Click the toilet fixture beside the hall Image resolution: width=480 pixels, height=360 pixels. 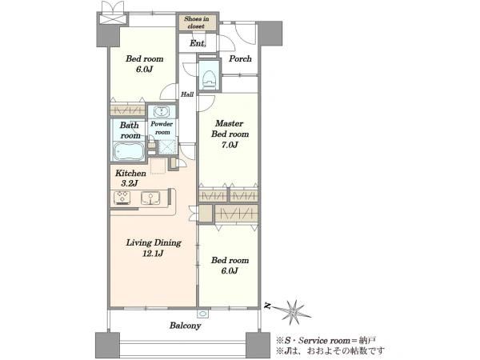pyautogui.click(x=210, y=80)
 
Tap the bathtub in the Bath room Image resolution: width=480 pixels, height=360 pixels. pyautogui.click(x=129, y=151)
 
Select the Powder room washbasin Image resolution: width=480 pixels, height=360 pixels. pyautogui.click(x=161, y=112)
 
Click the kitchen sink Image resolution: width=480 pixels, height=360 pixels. pyautogui.click(x=150, y=198)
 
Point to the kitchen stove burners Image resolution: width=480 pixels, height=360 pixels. pyautogui.click(x=122, y=197)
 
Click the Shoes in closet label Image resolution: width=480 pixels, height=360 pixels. pyautogui.click(x=197, y=22)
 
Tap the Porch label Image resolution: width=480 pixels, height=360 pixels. pyautogui.click(x=240, y=58)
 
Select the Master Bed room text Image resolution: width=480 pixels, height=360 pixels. pyautogui.click(x=230, y=129)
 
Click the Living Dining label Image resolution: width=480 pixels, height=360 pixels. pyautogui.click(x=154, y=242)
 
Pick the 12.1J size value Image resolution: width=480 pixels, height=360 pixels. pyautogui.click(x=153, y=254)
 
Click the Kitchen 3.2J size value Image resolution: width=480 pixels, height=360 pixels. pyautogui.click(x=129, y=183)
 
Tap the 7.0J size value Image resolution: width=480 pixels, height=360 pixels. pyautogui.click(x=230, y=145)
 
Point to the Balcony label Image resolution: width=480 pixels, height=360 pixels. pyautogui.click(x=186, y=326)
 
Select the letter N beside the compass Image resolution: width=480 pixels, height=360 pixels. pyautogui.click(x=268, y=306)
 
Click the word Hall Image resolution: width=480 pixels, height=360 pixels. pyautogui.click(x=186, y=94)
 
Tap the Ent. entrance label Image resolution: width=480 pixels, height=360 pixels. pyautogui.click(x=198, y=43)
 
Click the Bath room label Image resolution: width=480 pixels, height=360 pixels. pyautogui.click(x=130, y=130)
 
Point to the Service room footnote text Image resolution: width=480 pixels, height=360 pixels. pyautogui.click(x=326, y=341)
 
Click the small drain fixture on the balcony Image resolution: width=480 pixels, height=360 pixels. pyautogui.click(x=202, y=314)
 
